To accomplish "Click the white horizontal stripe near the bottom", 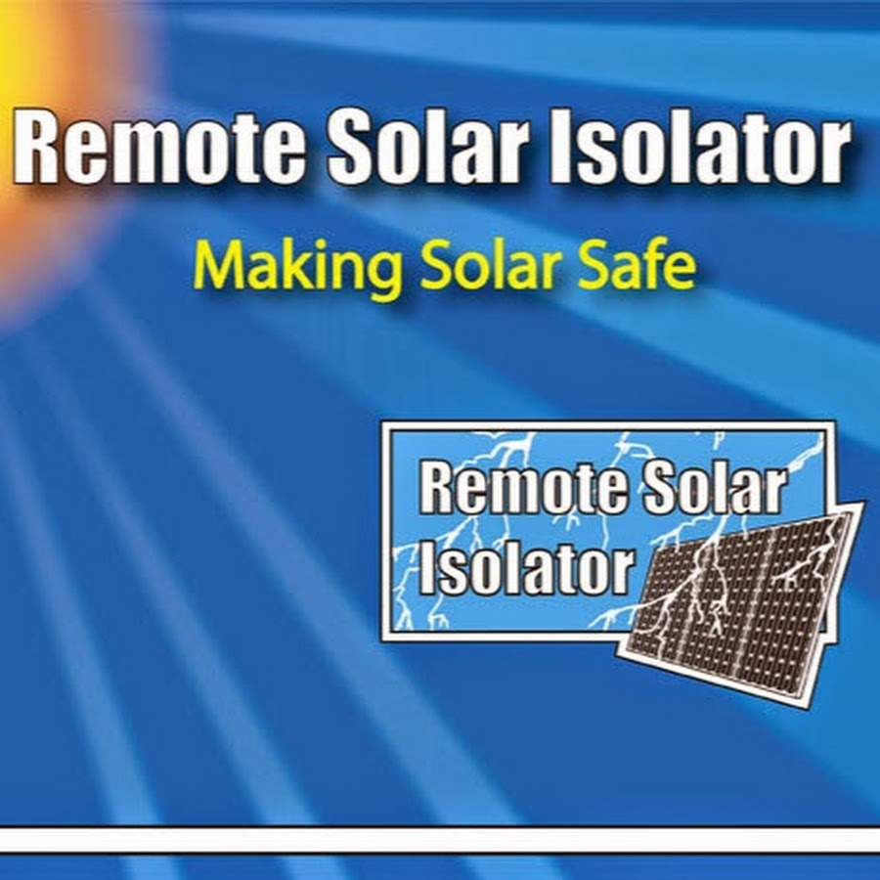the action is (440, 840).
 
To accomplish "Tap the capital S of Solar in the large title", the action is (353, 146).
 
